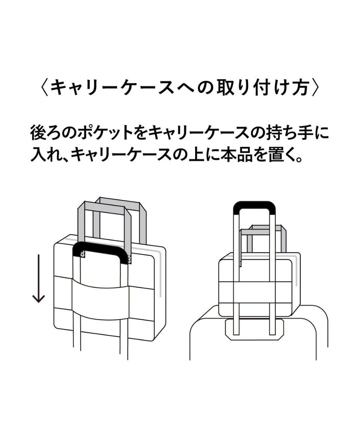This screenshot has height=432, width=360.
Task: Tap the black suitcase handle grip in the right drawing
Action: coord(254,206)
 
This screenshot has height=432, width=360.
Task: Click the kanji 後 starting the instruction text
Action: coord(39,134)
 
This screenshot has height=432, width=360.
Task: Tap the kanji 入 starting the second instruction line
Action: coord(39,155)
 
